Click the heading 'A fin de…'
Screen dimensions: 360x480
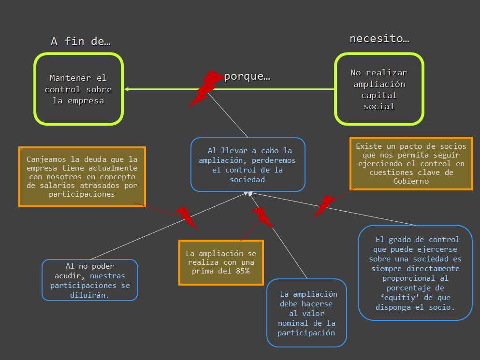click(x=81, y=42)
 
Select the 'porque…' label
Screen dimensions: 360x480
click(x=247, y=77)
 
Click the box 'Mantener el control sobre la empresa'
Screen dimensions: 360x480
click(x=78, y=89)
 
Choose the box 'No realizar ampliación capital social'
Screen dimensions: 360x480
click(x=379, y=89)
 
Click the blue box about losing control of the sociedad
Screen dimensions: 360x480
click(x=248, y=165)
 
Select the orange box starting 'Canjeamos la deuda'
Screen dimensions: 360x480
click(x=82, y=176)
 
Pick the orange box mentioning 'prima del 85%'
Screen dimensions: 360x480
click(x=221, y=262)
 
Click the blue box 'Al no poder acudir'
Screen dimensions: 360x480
click(x=89, y=280)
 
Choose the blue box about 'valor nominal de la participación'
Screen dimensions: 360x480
click(x=306, y=313)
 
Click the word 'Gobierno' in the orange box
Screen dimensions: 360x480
click(x=411, y=181)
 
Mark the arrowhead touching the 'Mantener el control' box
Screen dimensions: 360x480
click(x=126, y=89)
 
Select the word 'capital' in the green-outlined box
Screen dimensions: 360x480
click(x=379, y=95)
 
